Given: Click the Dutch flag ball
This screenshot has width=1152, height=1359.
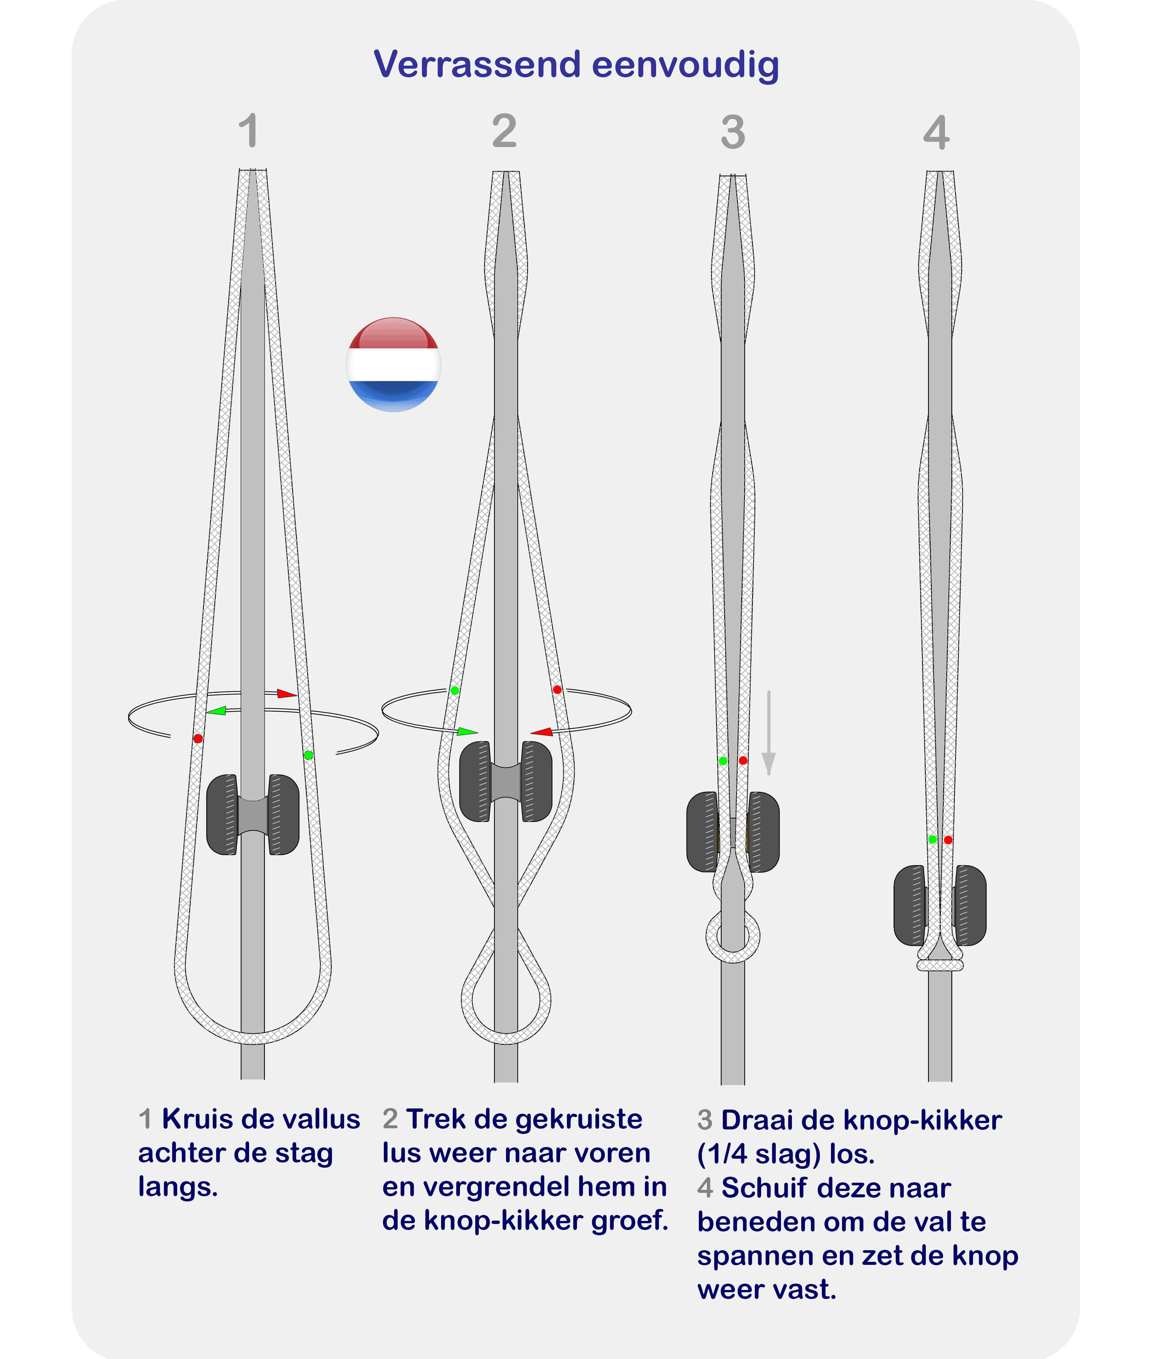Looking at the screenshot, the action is (393, 364).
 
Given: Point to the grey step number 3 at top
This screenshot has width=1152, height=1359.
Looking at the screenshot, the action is (733, 132).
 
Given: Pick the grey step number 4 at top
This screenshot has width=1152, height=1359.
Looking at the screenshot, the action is (936, 132).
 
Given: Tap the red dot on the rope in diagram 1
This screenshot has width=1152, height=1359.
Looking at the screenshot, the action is (198, 739).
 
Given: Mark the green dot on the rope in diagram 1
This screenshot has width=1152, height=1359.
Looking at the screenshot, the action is (308, 755).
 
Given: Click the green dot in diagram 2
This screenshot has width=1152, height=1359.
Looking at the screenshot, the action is (455, 690).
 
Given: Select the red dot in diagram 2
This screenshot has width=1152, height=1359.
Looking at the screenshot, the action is (557, 689).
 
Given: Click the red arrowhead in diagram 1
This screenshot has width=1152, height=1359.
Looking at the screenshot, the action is (287, 694).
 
